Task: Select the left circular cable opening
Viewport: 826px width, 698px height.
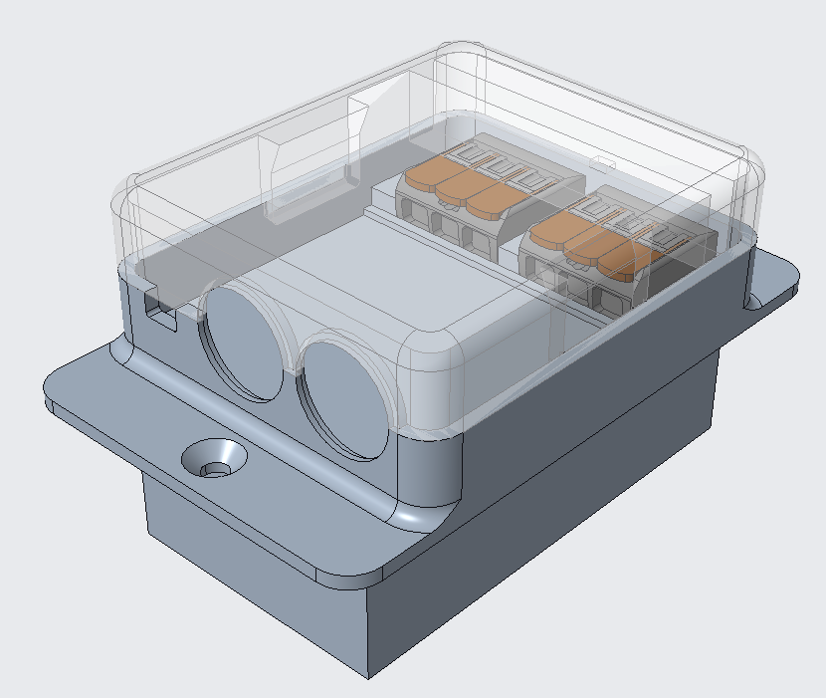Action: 243,341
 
